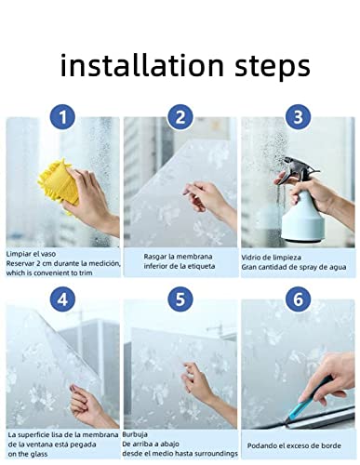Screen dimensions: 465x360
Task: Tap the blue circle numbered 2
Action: (181, 117)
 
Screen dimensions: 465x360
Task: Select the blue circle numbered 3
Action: (298, 117)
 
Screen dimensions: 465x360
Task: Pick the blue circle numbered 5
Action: (181, 300)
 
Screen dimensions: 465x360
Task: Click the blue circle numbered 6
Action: (298, 300)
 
